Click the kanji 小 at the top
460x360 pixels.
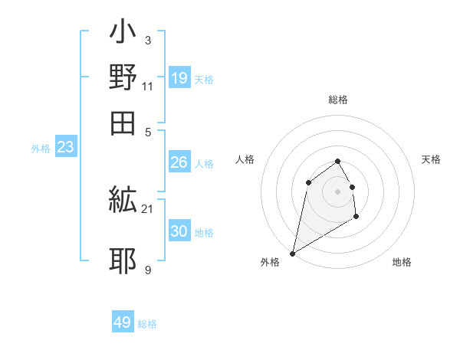click(x=123, y=35)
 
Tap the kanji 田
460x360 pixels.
click(x=123, y=123)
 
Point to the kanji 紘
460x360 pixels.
click(x=123, y=201)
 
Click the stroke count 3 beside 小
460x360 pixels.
click(x=147, y=41)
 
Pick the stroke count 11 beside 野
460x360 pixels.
click(x=147, y=86)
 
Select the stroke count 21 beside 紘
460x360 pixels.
click(x=147, y=208)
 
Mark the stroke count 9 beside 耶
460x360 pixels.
click(x=147, y=270)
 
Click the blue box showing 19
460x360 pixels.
click(x=179, y=78)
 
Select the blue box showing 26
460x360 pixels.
click(x=179, y=162)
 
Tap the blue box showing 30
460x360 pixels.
click(x=179, y=231)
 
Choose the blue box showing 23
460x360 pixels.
click(x=65, y=148)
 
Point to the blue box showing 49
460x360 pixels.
click(x=123, y=322)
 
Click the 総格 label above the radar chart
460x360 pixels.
click(x=338, y=100)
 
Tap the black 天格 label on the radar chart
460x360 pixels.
click(x=431, y=159)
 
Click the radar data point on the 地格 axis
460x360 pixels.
click(x=356, y=218)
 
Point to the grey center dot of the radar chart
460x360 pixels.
click(x=337, y=191)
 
